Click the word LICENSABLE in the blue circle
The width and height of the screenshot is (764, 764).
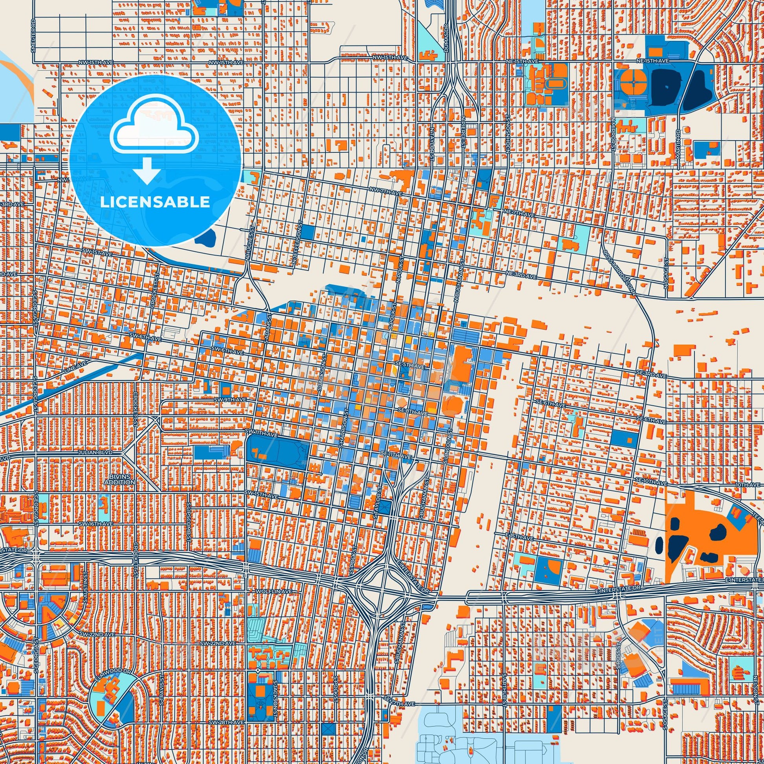(155, 202)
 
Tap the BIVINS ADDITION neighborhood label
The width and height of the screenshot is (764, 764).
(120, 480)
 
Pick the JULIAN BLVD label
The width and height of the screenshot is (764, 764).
(96, 451)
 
